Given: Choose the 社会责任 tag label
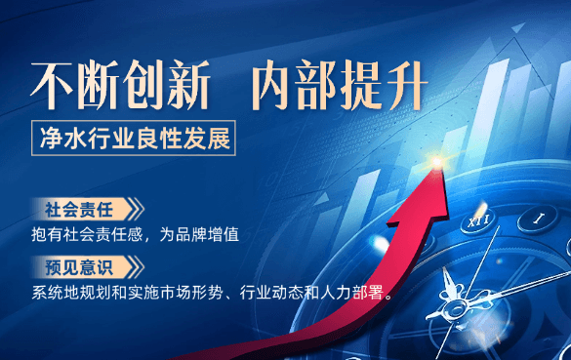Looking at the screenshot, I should (x=79, y=209).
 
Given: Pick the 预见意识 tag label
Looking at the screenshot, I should (x=79, y=266).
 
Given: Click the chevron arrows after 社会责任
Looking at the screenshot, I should (x=137, y=209).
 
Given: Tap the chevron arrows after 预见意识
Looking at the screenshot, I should (x=137, y=266).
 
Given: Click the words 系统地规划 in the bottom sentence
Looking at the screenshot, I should (x=69, y=292).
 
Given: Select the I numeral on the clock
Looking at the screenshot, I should (x=539, y=220).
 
